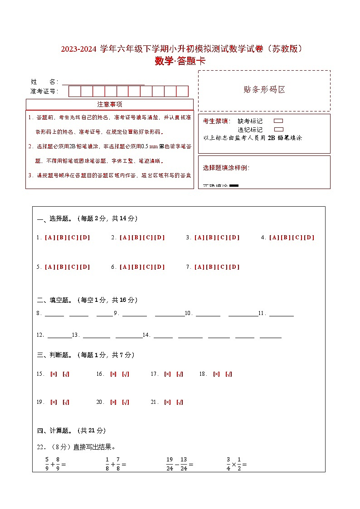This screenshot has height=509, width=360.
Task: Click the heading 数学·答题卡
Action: click(180, 61)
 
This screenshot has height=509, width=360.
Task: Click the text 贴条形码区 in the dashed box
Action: click(264, 90)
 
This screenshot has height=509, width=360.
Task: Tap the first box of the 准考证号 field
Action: click(74, 92)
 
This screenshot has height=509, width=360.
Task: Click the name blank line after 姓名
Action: click(103, 82)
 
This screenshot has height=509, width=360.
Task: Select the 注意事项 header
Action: click(109, 104)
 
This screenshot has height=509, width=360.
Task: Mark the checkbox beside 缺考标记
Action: click(278, 121)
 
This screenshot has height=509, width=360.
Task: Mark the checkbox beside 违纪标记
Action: click(278, 129)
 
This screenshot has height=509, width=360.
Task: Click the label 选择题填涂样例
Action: click(226, 168)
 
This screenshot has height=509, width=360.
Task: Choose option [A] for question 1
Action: click(49, 238)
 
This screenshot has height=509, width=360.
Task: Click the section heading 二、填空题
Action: click(52, 300)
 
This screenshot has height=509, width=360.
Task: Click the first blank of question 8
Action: click(54, 315)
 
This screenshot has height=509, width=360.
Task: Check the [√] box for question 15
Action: click(66, 374)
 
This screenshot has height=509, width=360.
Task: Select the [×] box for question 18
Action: click(216, 374)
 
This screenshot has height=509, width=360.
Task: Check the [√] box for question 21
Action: click(180, 402)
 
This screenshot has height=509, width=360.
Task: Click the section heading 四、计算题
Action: click(52, 431)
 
